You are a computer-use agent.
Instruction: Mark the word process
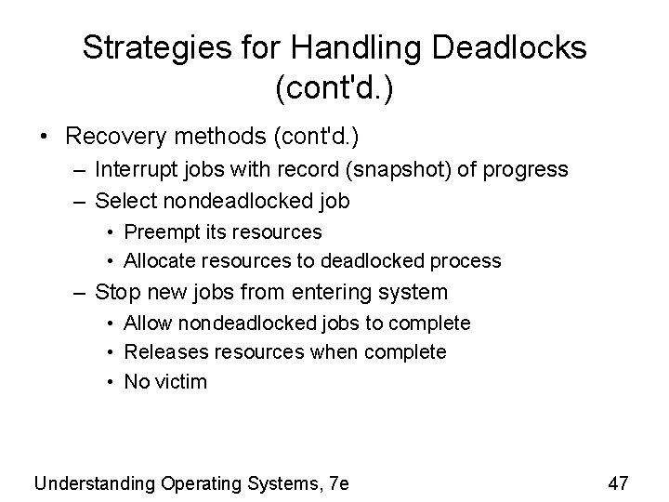pyautogui.click(x=467, y=261)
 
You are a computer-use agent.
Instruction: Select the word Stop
pyautogui.click(x=117, y=292)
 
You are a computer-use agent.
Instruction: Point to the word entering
pyautogui.click(x=324, y=292)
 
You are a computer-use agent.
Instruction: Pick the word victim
pyautogui.click(x=180, y=382)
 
